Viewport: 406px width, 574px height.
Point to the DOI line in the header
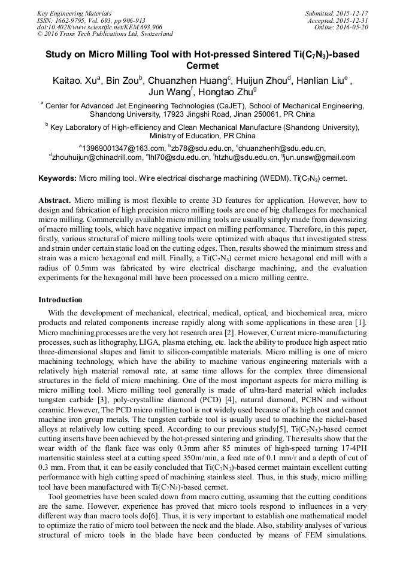coord(99,27)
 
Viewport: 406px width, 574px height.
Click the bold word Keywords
coord(57,178)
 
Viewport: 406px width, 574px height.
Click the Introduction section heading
coord(60,299)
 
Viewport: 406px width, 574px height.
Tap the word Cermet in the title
coord(203,66)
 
